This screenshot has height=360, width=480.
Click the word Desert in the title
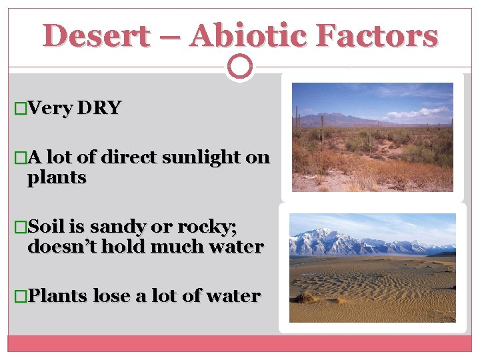[x=96, y=35]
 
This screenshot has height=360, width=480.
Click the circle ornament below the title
[x=240, y=66]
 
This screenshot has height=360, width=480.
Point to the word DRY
[x=99, y=108]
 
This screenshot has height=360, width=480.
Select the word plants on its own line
[x=57, y=178]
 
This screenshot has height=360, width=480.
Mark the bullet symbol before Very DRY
[x=20, y=109]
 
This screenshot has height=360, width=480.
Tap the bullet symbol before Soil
[x=20, y=227]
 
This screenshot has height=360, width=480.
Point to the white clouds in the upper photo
[x=420, y=112]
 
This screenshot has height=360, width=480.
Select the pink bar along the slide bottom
[x=240, y=343]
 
